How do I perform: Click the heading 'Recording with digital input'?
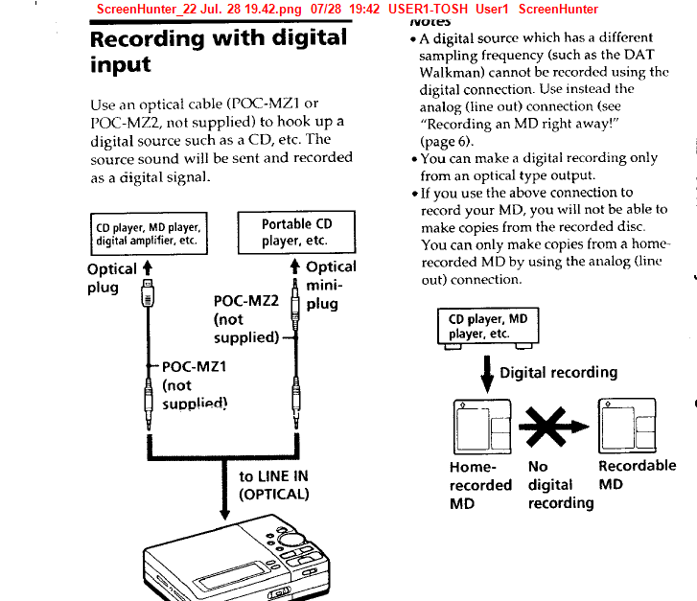(x=218, y=52)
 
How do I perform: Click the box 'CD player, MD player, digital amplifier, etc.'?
(x=149, y=234)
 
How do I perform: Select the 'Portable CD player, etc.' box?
(x=296, y=232)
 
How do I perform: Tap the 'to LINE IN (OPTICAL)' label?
(x=274, y=485)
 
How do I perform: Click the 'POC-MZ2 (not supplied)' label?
(x=246, y=319)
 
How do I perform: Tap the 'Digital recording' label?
(x=559, y=372)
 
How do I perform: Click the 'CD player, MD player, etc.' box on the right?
(x=488, y=327)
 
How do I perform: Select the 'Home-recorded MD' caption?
(x=480, y=484)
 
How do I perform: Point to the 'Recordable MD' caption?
(x=637, y=474)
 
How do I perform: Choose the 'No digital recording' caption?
(x=560, y=484)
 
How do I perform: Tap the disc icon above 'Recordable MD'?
(x=626, y=424)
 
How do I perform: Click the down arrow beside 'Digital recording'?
(x=487, y=371)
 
